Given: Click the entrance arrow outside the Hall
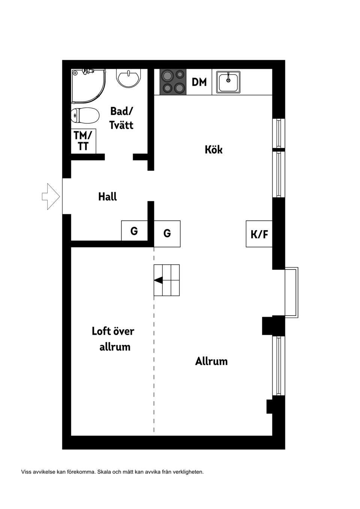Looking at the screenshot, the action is coord(51,196).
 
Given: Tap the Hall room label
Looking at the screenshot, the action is coord(108,196).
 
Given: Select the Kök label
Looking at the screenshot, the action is coord(214,150).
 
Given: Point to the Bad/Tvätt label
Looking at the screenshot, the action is coord(121,118).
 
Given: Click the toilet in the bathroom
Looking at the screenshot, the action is coord(85,115).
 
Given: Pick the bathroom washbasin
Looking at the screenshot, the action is coord(128,78).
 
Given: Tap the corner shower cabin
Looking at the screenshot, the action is coord(88,86).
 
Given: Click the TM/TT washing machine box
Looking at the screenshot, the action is coord(83,141).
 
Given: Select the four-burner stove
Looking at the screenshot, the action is coord(173,82).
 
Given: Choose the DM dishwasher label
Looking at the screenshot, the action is coord(199,82).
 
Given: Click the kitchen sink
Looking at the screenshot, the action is coord(228,82).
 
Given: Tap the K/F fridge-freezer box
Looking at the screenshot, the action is coord(259,234).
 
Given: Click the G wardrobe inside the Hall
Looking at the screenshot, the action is coord(134,231).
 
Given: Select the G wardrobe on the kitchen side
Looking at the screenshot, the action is coord(167,234).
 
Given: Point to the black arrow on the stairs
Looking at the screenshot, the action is coord(158,280).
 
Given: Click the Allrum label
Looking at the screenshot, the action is coord(211,361).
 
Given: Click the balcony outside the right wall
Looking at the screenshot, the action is coord(291,293).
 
